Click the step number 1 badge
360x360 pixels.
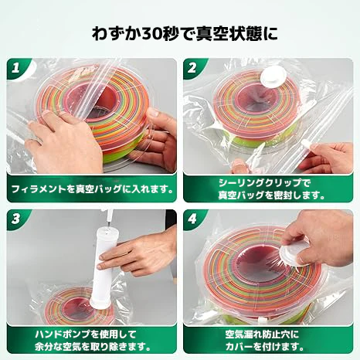pos(16,68)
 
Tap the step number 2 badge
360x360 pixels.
pos(192,68)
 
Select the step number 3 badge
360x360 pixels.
pos(16,219)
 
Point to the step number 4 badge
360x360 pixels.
pos(192,219)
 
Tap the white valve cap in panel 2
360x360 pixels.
pos(273,76)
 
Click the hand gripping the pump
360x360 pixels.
pos(137,251)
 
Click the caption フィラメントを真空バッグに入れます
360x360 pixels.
pos(92,190)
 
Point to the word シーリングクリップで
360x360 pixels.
pos(265,183)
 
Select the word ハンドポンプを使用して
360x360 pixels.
pos(86,335)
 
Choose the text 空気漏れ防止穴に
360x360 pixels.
pos(263,335)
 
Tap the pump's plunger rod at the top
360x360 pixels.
pos(110,219)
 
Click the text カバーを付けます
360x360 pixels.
pos(265,347)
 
